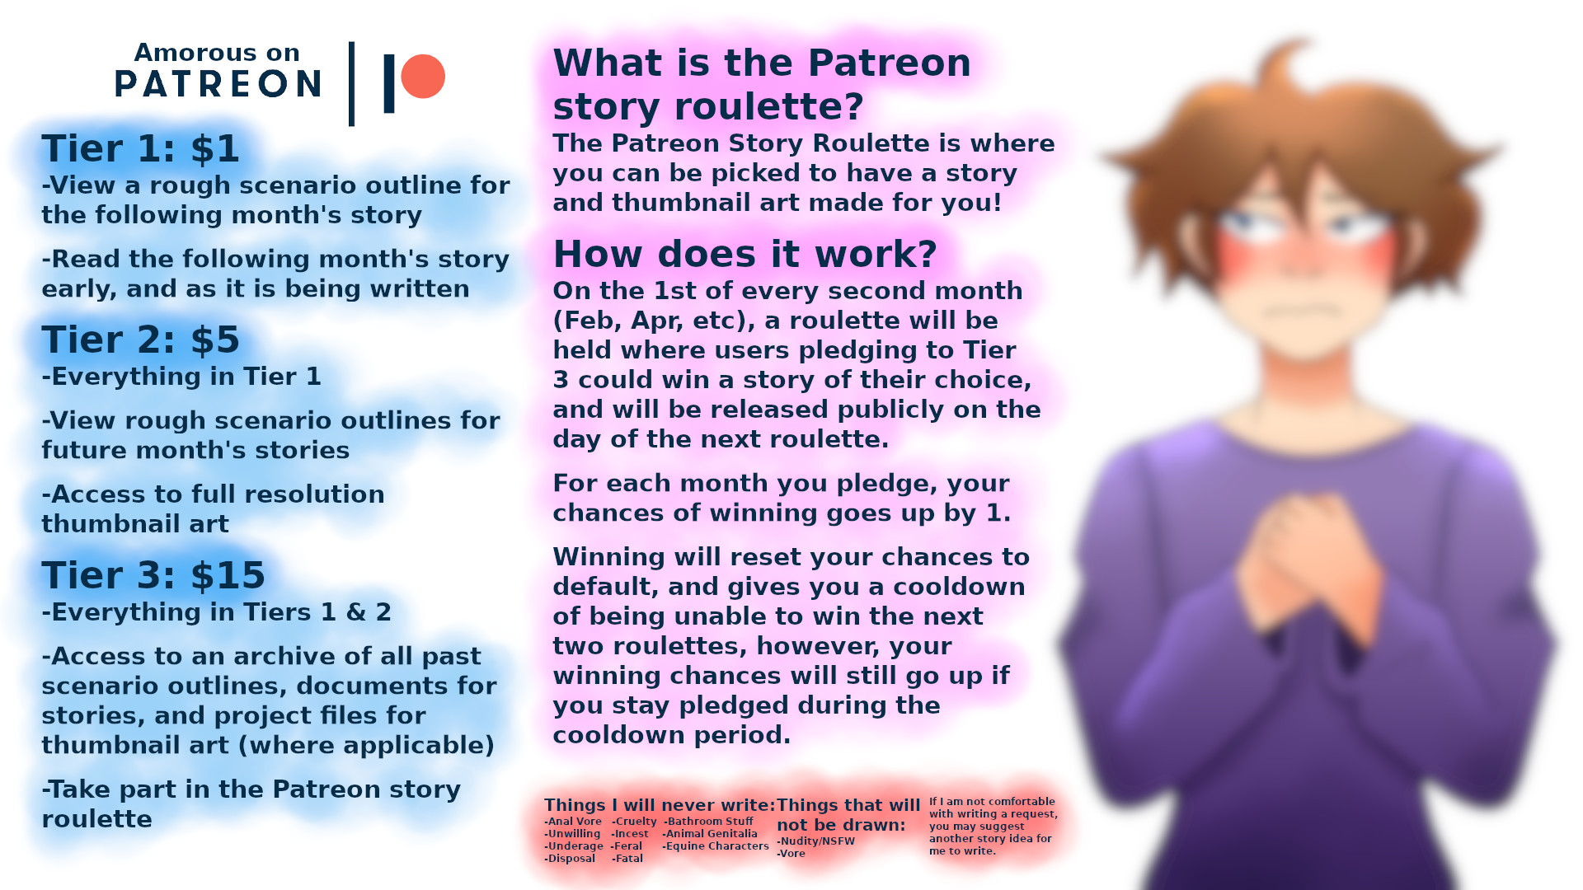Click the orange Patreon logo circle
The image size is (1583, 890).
[x=423, y=77]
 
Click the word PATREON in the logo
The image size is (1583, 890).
[x=218, y=84]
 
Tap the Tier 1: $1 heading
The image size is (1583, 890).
[x=140, y=148]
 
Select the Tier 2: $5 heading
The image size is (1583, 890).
[x=140, y=340]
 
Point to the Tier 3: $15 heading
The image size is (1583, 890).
[x=153, y=575]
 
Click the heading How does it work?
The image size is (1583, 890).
[x=745, y=254]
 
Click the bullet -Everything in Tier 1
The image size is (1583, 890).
[x=181, y=377]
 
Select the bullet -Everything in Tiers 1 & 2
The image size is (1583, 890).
[x=217, y=612]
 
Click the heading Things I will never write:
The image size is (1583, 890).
[x=660, y=805]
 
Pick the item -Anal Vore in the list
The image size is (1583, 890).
[x=573, y=822]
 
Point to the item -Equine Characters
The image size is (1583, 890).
[x=716, y=846]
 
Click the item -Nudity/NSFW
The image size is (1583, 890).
[x=815, y=841]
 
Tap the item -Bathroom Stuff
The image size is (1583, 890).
[x=708, y=822]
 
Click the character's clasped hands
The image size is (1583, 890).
[x=1307, y=560]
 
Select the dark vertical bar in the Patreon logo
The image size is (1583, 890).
[x=389, y=83]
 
